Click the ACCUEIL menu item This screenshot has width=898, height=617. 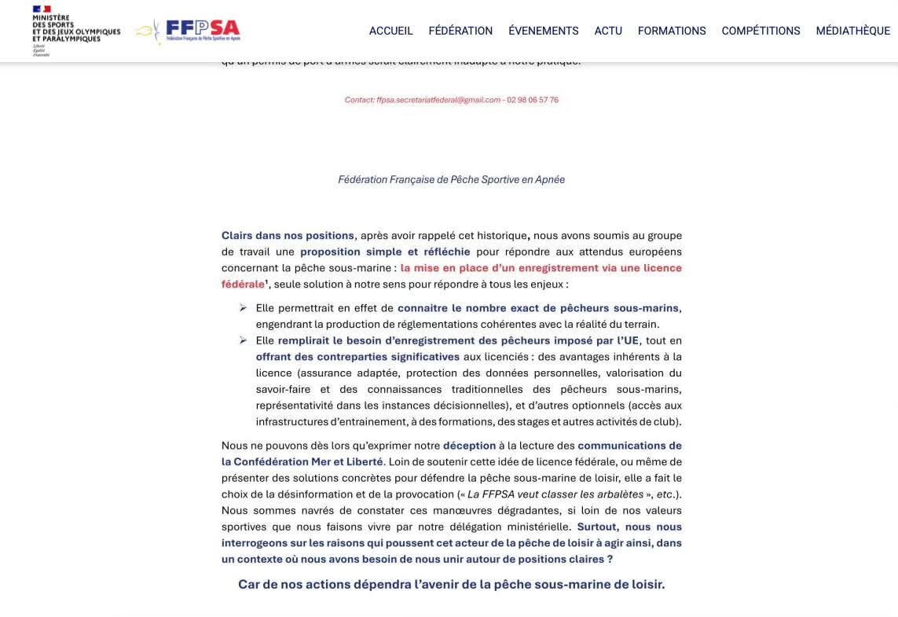click(390, 31)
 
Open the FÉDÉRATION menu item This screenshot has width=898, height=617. click(460, 31)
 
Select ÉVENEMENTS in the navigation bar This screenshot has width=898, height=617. click(543, 31)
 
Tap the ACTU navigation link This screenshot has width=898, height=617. click(608, 31)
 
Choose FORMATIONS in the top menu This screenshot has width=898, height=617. click(672, 31)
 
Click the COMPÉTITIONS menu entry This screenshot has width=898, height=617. click(761, 31)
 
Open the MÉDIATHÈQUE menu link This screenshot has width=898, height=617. click(852, 31)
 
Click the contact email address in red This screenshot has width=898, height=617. click(422, 100)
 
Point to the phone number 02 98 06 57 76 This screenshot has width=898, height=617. click(533, 100)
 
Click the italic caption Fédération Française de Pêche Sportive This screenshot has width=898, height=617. click(451, 179)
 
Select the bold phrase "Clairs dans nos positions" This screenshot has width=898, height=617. click(288, 236)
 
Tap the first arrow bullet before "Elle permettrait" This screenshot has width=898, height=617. click(243, 308)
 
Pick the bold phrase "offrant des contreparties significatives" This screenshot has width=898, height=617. click(357, 357)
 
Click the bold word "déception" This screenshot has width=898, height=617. click(469, 446)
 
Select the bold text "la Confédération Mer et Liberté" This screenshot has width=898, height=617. click(302, 462)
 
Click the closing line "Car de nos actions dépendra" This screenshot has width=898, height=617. click(451, 585)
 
